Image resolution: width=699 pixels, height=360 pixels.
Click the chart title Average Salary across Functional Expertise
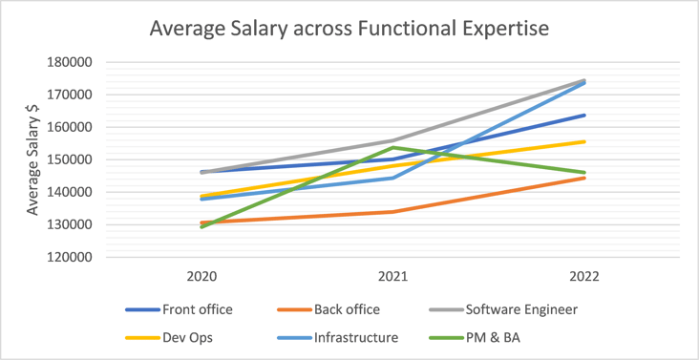coord(349,29)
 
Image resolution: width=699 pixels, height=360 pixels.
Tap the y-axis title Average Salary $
coord(32,159)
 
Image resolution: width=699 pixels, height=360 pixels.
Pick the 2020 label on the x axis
coord(201,277)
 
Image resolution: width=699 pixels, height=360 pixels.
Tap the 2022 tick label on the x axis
coord(584,277)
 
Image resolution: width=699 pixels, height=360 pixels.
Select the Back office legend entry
coord(339,309)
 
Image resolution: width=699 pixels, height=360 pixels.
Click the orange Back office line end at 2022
coord(584,178)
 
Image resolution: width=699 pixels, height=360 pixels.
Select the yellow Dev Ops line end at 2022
coord(584,141)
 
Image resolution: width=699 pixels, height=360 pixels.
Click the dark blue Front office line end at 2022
coord(584,116)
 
